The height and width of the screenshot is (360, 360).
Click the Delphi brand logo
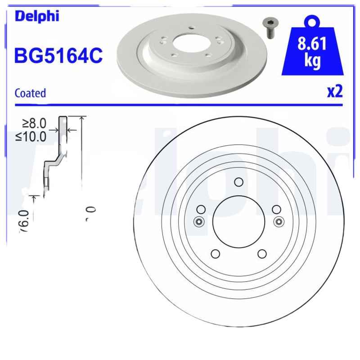point(37,16)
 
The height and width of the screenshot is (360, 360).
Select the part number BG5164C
point(59,56)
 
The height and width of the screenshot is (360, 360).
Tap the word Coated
point(30,93)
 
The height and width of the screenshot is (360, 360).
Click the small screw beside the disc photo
point(270,28)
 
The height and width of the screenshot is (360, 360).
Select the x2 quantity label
point(334,92)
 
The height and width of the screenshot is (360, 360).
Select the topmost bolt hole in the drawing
point(238,182)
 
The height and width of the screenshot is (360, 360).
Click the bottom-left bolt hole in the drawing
point(215,253)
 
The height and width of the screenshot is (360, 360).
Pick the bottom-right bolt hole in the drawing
point(262,253)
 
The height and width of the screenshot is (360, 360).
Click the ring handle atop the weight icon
point(312,22)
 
